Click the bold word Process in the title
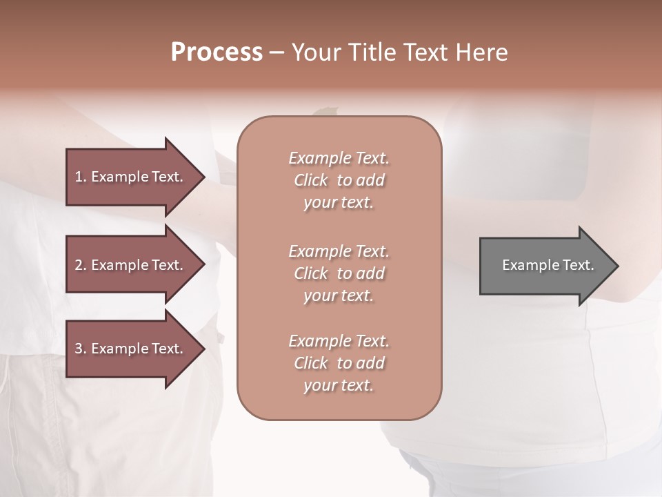[217, 52]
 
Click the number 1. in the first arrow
[80, 177]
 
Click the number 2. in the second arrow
[80, 265]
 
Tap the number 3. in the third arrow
[80, 349]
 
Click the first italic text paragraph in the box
[339, 180]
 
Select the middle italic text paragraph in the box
[339, 273]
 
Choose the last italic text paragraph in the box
[339, 363]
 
